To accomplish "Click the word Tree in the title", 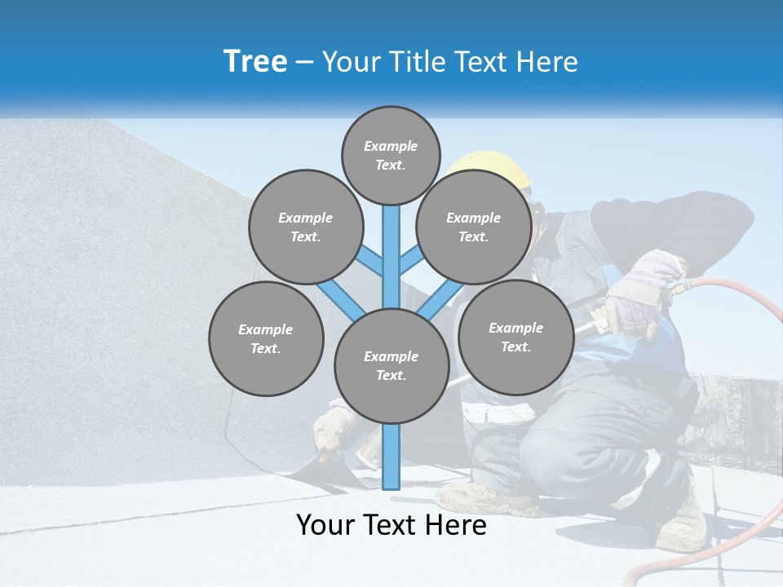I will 255,62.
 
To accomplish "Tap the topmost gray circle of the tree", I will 391,155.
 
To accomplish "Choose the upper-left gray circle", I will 305,227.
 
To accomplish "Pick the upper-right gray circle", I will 473,227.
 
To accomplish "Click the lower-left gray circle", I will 266,338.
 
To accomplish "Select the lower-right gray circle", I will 515,337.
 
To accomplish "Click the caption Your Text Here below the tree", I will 391,525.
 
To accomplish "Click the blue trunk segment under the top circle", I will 391,245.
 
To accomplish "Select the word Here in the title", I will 546,62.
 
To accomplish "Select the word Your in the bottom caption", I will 325,525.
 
